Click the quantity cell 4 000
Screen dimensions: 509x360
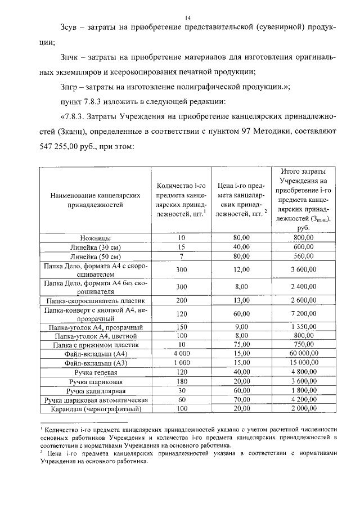tap(181, 354)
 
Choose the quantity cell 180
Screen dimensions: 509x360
tap(181, 381)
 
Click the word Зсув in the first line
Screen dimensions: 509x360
tap(69, 28)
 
